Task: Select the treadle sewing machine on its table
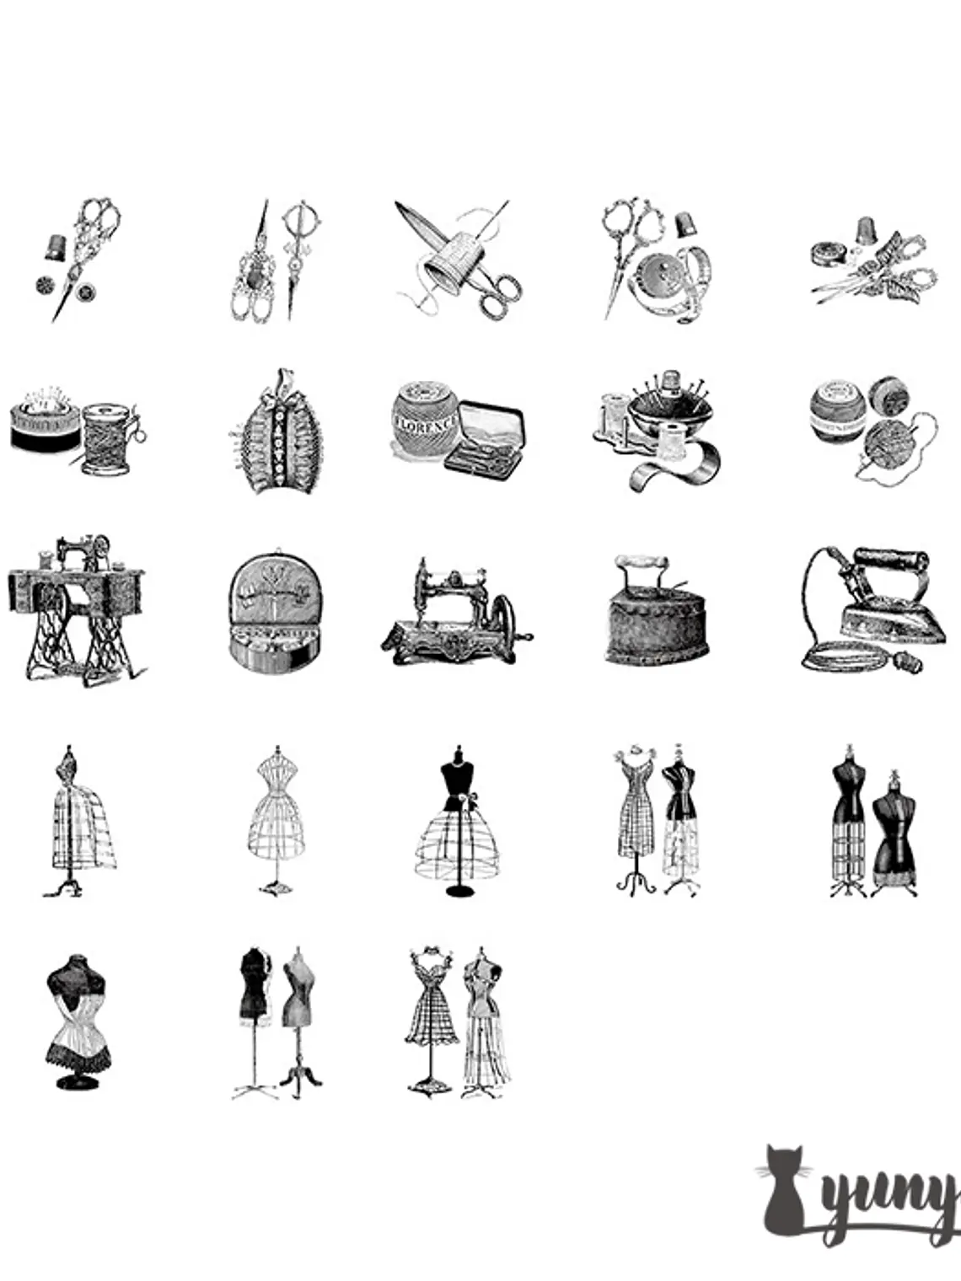pyautogui.click(x=76, y=607)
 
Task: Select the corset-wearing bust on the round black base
pyautogui.click(x=77, y=1021)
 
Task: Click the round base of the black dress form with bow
pyautogui.click(x=459, y=892)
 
